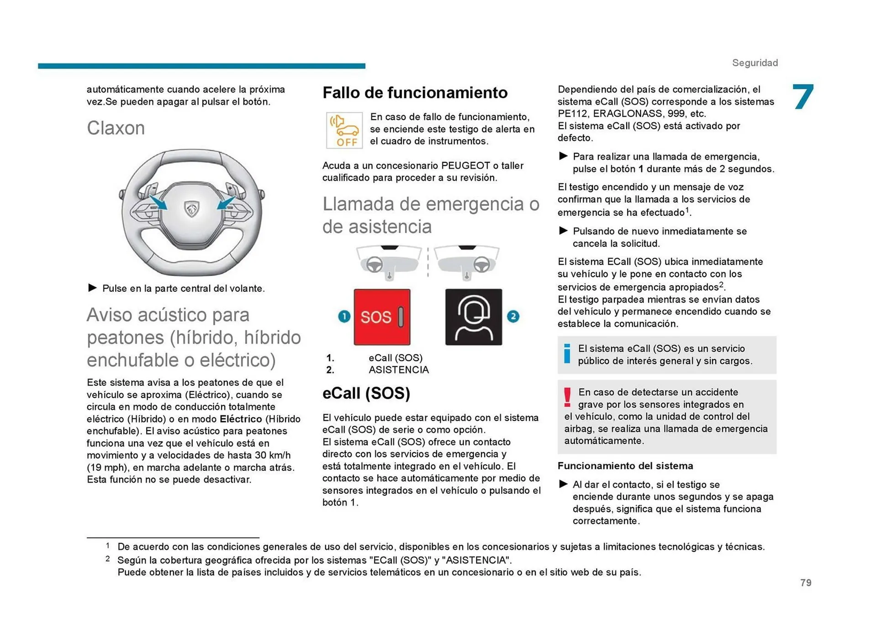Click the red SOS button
(x=382, y=317)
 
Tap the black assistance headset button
(x=473, y=317)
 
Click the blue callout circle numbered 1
(x=344, y=316)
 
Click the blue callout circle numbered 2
(x=513, y=316)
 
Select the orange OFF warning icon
(x=344, y=130)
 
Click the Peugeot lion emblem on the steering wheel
(x=191, y=209)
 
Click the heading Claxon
(x=116, y=128)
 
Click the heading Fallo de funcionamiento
(x=415, y=92)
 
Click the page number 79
(x=806, y=582)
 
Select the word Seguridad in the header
(x=755, y=63)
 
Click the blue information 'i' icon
(x=567, y=354)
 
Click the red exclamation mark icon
(x=567, y=397)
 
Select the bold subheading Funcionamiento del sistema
(x=625, y=466)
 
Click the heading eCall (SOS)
(x=366, y=393)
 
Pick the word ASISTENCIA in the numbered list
(x=398, y=370)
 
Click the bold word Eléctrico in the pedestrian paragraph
(x=241, y=419)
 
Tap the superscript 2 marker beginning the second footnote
(x=107, y=559)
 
